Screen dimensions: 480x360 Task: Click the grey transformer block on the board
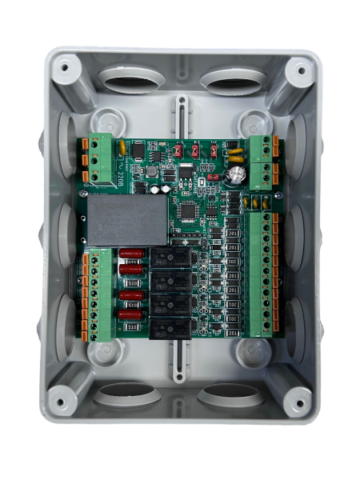[x=127, y=218]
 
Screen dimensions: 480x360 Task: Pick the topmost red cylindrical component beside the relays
[x=131, y=255]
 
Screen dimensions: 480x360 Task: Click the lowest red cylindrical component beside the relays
[x=131, y=314]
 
